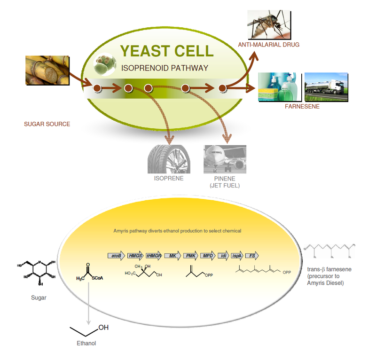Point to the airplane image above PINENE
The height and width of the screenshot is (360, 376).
(x=225, y=159)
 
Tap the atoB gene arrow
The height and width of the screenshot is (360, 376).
(x=116, y=255)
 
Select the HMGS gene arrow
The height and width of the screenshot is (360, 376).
(x=135, y=255)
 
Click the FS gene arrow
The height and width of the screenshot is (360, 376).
(x=252, y=255)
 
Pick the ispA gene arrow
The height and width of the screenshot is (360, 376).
(x=238, y=255)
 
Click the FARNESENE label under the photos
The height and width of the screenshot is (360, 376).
(x=302, y=107)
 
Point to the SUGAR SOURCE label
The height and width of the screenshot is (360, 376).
(x=47, y=124)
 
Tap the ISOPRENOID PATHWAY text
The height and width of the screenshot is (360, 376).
(x=164, y=68)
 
